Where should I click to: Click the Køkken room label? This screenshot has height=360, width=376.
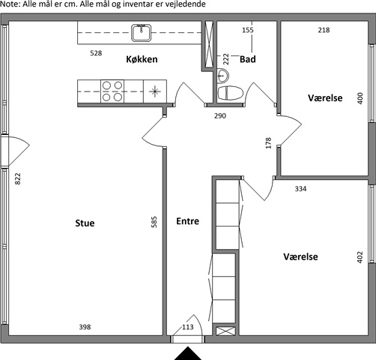pyautogui.click(x=142, y=59)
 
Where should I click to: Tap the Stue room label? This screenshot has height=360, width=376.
pyautogui.click(x=85, y=223)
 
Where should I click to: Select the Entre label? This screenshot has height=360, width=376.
pyautogui.click(x=187, y=221)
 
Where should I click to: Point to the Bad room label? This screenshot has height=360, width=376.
pyautogui.click(x=248, y=59)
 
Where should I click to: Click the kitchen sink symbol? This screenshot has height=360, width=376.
pyautogui.click(x=142, y=33)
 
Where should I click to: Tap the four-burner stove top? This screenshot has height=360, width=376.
pyautogui.click(x=112, y=91)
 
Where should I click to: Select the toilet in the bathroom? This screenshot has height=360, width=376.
pyautogui.click(x=230, y=93)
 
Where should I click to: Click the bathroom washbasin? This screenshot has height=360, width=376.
pyautogui.click(x=222, y=76)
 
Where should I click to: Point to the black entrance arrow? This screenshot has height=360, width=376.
pyautogui.click(x=188, y=353)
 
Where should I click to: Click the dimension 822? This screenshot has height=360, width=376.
pyautogui.click(x=18, y=178)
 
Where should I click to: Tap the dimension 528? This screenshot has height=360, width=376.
pyautogui.click(x=96, y=53)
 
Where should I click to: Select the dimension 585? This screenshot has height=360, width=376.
pyautogui.click(x=154, y=222)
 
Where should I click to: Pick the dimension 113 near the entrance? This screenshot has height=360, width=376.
pyautogui.click(x=188, y=327)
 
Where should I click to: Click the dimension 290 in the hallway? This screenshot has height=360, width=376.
pyautogui.click(x=220, y=115)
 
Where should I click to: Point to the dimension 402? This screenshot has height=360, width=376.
pyautogui.click(x=360, y=257)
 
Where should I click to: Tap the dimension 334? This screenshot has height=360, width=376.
pyautogui.click(x=300, y=189)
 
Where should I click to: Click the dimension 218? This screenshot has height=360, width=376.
pyautogui.click(x=324, y=30)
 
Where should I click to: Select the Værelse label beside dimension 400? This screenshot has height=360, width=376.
pyautogui.click(x=325, y=97)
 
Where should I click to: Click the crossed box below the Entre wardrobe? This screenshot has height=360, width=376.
pyautogui.click(x=225, y=331)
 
